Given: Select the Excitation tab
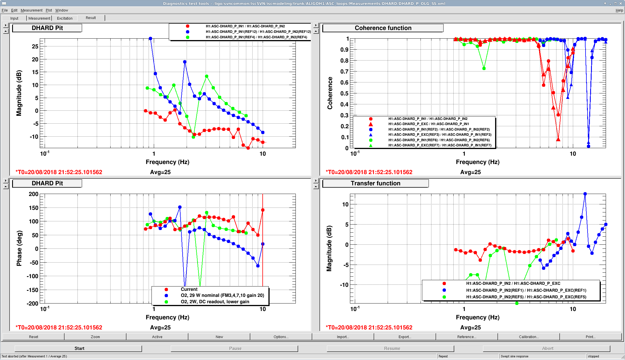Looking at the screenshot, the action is point(65,18).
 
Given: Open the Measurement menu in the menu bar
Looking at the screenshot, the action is point(31,10).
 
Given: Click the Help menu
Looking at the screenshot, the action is point(619,10).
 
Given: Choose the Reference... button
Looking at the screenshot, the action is point(467,337).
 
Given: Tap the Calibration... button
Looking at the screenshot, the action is point(529,337).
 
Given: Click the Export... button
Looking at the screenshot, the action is point(405,337).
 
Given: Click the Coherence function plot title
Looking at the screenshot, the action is point(383,28).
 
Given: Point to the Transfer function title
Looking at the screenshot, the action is point(375,183).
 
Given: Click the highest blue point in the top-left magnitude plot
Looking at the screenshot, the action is point(150,38).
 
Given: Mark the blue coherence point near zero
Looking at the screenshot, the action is point(588,146).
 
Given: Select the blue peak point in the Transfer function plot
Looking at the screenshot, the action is point(585,194).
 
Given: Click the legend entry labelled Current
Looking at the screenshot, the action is point(189,289).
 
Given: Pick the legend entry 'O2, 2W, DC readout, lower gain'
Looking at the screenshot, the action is point(215,302).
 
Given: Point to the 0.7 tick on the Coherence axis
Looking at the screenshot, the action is point(344,71).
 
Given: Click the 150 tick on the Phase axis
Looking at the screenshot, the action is point(33,208).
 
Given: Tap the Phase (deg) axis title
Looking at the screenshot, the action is point(19,248).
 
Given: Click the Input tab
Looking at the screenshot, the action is point(14,18).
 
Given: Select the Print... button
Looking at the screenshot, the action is point(590,337).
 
